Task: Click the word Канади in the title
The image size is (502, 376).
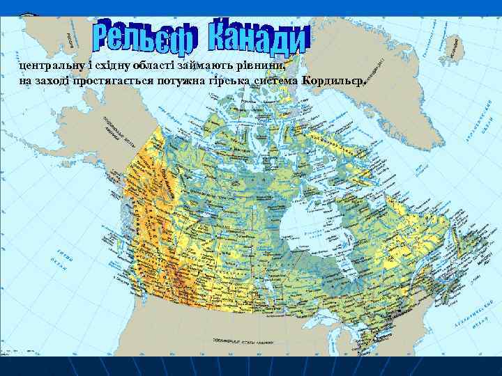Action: [257, 38]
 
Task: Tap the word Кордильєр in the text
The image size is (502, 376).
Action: [332, 81]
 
